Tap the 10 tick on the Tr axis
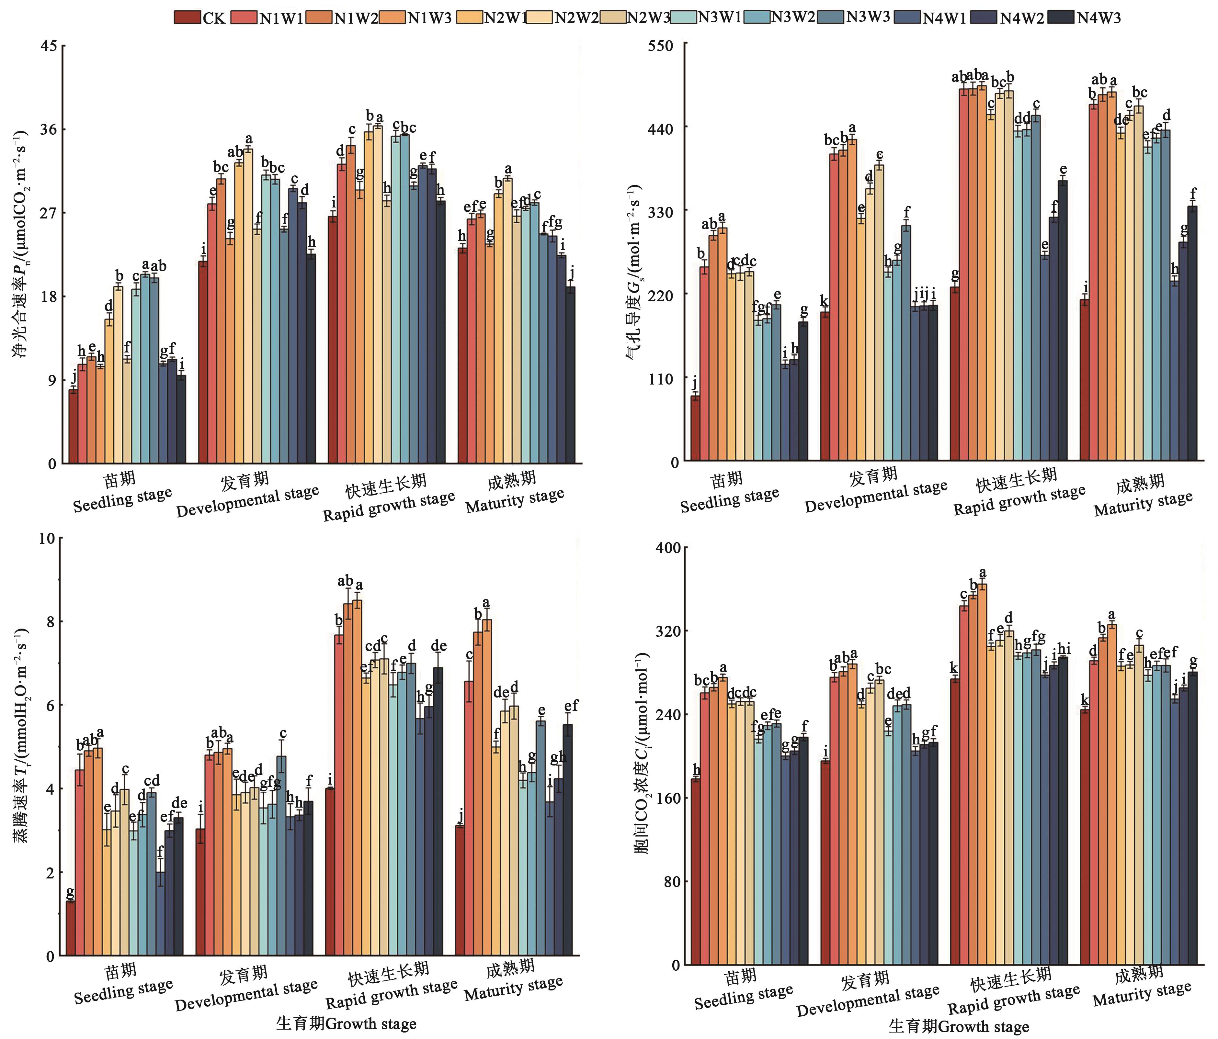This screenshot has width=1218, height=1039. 47,538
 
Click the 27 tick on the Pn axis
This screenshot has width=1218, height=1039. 49,213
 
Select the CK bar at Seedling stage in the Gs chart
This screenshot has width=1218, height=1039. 695,429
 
